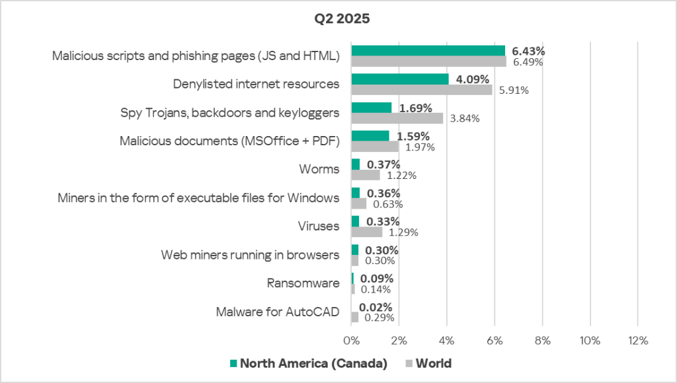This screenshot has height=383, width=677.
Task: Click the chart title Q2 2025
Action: [342, 18]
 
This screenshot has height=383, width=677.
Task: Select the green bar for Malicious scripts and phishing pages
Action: [428, 51]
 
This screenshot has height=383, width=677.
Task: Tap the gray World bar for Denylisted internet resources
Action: [421, 90]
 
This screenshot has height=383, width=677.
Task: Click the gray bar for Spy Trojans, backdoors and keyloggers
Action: [397, 118]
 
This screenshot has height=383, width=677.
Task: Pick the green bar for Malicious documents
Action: [370, 136]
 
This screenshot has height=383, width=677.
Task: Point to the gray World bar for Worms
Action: [365, 175]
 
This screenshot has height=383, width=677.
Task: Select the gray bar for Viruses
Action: [366, 232]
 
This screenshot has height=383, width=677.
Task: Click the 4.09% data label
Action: [473, 79]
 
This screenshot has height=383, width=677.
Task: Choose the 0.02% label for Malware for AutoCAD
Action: [376, 306]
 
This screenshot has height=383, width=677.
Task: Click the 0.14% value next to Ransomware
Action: [376, 289]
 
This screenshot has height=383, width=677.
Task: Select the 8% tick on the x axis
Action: [542, 341]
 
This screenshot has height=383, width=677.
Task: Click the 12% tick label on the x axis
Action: [637, 341]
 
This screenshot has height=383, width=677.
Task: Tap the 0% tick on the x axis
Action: [351, 341]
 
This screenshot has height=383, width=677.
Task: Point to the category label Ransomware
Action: [303, 283]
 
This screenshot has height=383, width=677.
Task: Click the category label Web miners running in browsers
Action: [250, 255]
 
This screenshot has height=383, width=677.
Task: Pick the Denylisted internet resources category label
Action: [256, 85]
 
